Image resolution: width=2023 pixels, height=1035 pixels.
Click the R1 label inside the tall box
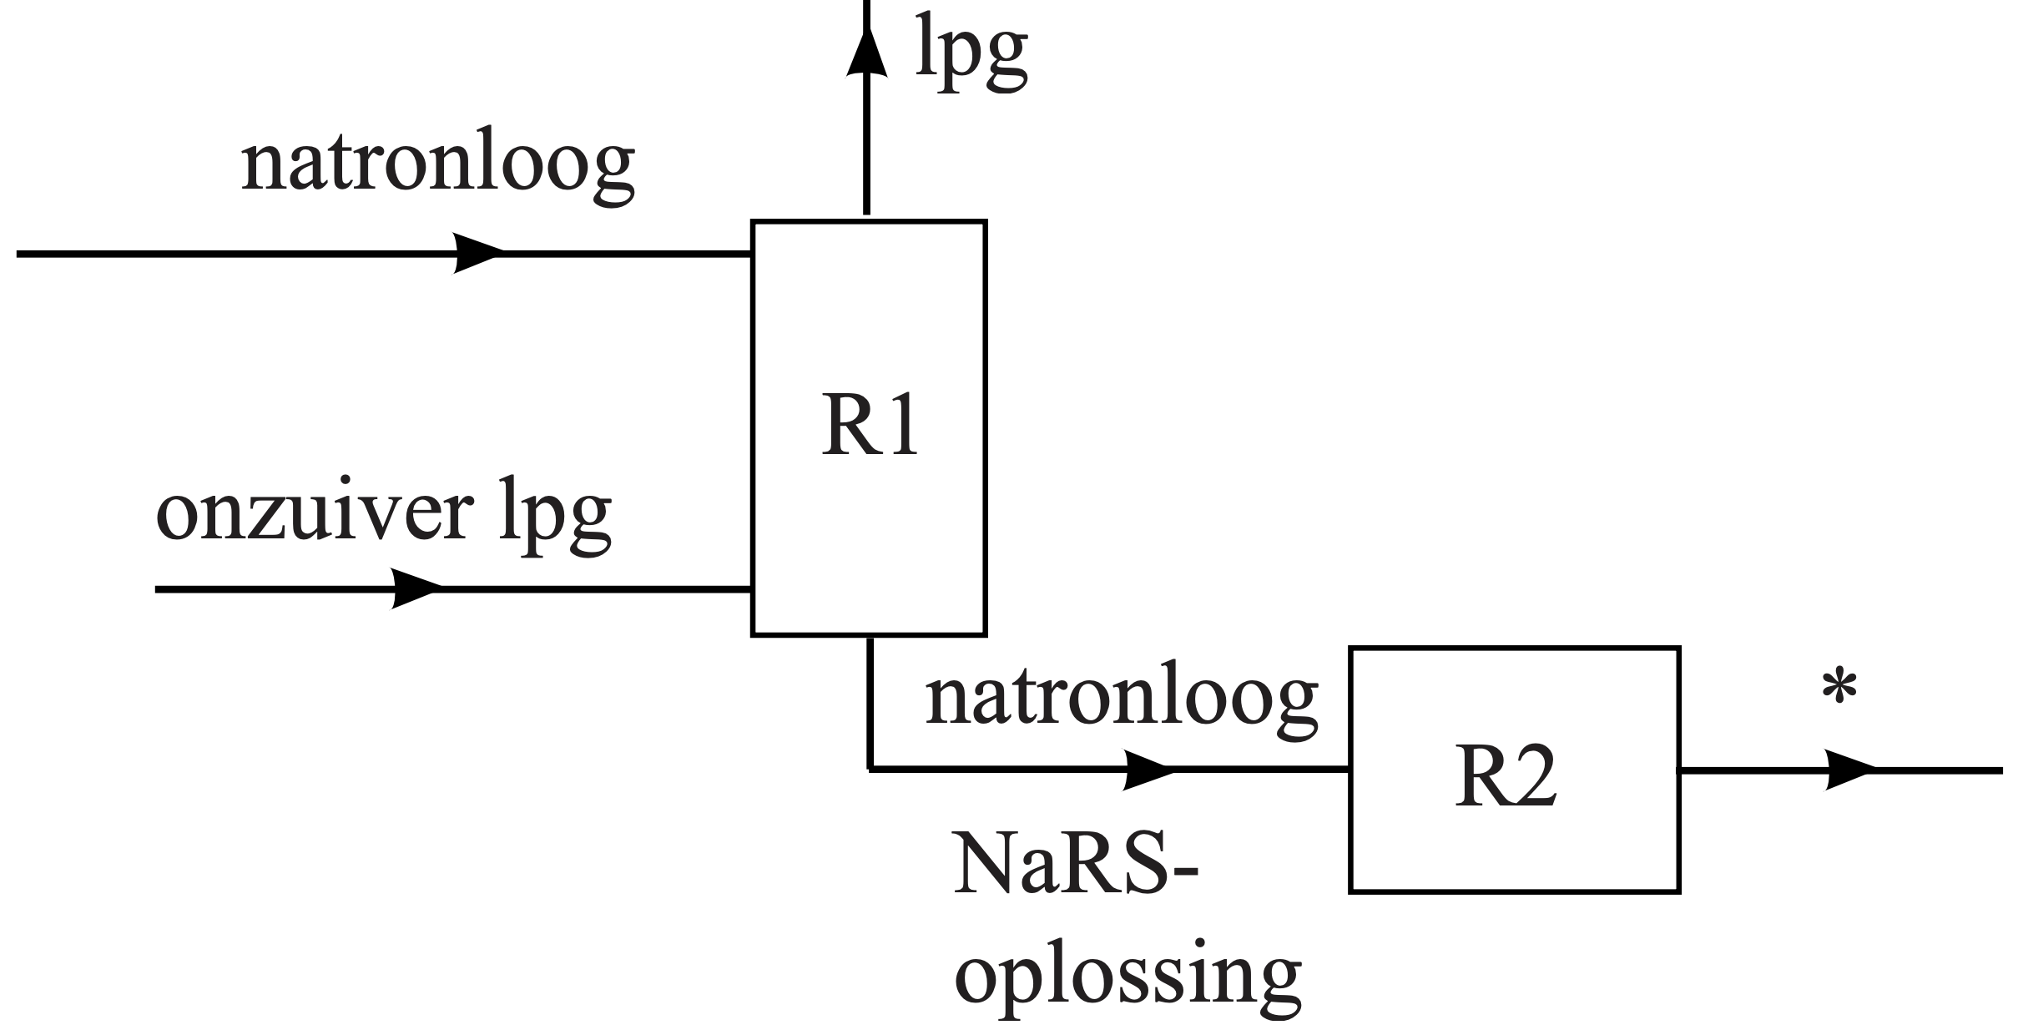pos(869,428)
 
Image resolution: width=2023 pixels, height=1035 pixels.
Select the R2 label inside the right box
pos(1505,776)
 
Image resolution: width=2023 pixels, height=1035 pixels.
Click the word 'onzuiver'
pos(314,512)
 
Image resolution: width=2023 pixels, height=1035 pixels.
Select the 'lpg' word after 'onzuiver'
pos(554,517)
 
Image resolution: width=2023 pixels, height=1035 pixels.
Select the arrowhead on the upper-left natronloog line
pos(477,253)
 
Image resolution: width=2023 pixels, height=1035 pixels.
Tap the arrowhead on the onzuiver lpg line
pos(416,589)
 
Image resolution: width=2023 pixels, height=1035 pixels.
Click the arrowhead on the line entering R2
pos(1148,770)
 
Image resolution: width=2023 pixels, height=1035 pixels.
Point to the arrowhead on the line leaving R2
pos(1849,770)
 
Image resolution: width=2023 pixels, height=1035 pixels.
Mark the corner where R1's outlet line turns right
pos(870,769)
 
